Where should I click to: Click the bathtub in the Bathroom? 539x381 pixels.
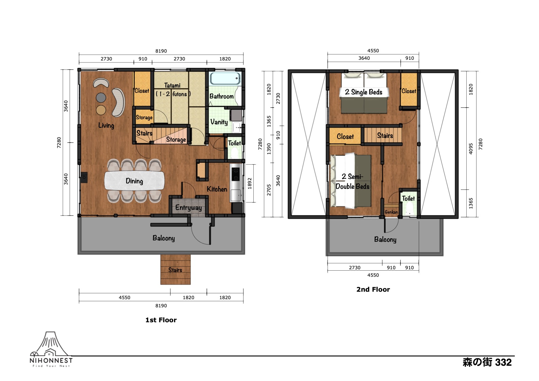click(x=225, y=78)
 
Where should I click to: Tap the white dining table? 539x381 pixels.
click(x=134, y=180)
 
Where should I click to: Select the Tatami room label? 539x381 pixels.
click(x=172, y=85)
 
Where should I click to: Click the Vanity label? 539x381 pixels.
click(x=219, y=122)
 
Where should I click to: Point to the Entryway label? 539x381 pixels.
click(x=188, y=207)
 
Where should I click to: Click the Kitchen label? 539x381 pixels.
click(x=217, y=189)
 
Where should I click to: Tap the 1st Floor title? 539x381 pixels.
click(x=161, y=320)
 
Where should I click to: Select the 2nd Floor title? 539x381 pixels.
click(x=373, y=289)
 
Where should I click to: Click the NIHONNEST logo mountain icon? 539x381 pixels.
click(x=51, y=344)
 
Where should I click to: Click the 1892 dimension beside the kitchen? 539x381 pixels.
click(x=250, y=183)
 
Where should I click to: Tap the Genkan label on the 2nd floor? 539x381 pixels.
click(x=391, y=212)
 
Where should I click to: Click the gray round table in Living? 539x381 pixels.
click(x=101, y=98)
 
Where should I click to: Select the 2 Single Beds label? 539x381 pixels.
click(x=364, y=92)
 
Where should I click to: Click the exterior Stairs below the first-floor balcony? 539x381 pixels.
click(x=175, y=270)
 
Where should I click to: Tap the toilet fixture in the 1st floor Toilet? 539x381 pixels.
click(x=234, y=153)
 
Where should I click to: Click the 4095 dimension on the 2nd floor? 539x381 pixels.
click(x=471, y=149)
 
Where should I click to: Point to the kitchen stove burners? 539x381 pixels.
click(x=236, y=174)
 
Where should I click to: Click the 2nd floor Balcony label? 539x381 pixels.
click(x=385, y=239)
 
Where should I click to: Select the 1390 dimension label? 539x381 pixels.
click(x=269, y=149)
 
